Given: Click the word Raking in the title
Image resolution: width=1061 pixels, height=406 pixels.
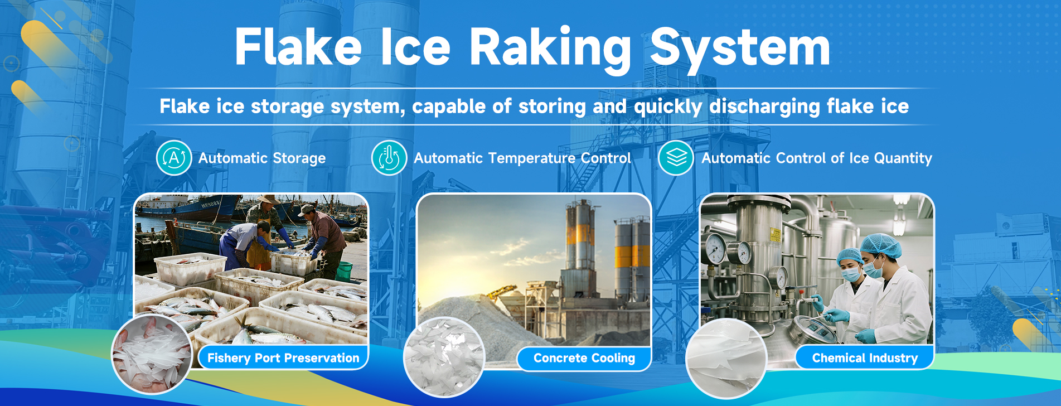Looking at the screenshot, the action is [x=550, y=49].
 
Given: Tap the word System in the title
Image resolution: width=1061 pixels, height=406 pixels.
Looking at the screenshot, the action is [x=740, y=49].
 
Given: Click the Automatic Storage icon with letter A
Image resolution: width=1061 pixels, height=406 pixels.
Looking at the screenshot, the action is [x=174, y=158].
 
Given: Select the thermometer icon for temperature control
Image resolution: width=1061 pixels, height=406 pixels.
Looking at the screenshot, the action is [x=389, y=158].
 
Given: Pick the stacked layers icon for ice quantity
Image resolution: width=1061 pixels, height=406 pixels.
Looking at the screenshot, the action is [x=676, y=158].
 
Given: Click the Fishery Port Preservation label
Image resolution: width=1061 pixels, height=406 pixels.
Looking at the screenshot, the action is [x=283, y=358].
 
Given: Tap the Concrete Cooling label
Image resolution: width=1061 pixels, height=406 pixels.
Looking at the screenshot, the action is [x=584, y=358].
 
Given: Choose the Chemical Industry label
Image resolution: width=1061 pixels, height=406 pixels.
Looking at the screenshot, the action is [x=865, y=358].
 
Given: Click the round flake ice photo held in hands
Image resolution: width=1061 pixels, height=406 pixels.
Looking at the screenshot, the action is [x=152, y=354].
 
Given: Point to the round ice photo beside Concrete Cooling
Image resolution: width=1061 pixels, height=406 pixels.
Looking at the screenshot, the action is [x=444, y=357].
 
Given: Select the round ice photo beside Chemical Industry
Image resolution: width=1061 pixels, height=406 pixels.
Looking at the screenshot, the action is [x=726, y=358].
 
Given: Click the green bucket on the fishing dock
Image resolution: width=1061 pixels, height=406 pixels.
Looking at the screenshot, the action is [x=343, y=270].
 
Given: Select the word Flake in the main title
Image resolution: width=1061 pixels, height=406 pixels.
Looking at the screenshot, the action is [x=298, y=47].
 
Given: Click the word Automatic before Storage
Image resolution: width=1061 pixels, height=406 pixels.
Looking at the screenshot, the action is [x=233, y=158].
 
